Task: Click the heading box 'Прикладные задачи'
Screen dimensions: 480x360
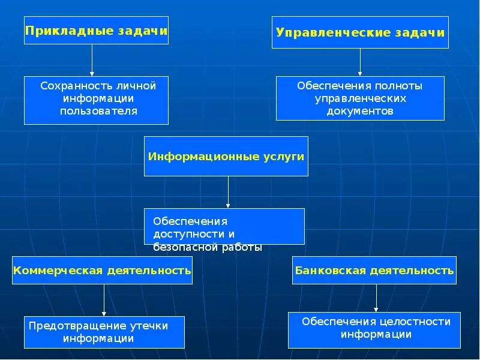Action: (x=96, y=30)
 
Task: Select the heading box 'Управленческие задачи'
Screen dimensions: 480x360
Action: (x=360, y=32)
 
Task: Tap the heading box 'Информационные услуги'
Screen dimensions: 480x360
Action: (x=226, y=156)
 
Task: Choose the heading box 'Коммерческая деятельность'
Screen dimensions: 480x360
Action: (x=102, y=270)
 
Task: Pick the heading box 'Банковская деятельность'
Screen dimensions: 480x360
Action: (x=374, y=270)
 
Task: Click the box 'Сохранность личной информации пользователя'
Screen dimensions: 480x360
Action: (x=96, y=100)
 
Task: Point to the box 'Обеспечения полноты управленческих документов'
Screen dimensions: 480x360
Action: (x=360, y=98)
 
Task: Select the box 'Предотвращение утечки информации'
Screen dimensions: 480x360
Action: (x=104, y=332)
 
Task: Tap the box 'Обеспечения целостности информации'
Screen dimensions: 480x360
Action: (x=374, y=329)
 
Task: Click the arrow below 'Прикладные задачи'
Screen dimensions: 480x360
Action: (x=92, y=60)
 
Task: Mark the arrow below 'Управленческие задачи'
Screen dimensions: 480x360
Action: (x=360, y=62)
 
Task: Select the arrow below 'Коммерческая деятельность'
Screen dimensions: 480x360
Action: (x=104, y=300)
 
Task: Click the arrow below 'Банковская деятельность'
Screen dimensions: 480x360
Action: (x=376, y=298)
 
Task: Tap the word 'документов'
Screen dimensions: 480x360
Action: (x=360, y=111)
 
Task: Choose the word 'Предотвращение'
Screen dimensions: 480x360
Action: (x=77, y=326)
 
